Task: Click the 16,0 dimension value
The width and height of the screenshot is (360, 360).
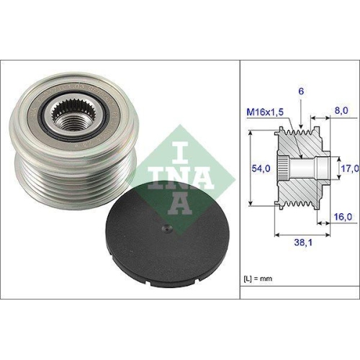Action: pyautogui.click(x=342, y=215)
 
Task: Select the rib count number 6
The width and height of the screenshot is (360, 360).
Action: pyautogui.click(x=301, y=92)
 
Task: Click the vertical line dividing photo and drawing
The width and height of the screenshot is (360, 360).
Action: pyautogui.click(x=238, y=180)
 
